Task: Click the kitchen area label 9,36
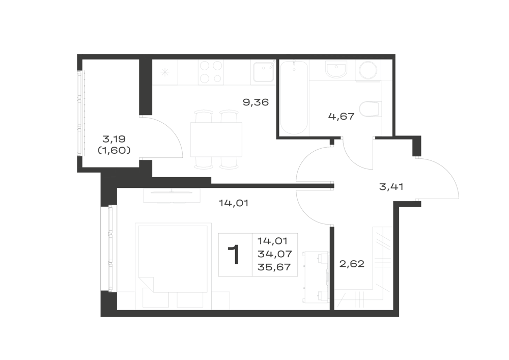(256, 102)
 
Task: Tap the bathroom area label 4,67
(341, 116)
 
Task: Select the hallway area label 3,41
(391, 187)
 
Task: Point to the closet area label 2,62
(352, 264)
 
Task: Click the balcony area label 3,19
(114, 139)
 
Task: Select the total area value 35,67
(274, 267)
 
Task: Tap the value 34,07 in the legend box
(275, 254)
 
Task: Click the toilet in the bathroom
(370, 109)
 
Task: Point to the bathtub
(294, 97)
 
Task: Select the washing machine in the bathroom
(368, 70)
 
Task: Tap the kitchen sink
(263, 72)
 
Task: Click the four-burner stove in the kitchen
(211, 72)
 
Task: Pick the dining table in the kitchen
(216, 140)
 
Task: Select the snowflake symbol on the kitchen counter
(165, 72)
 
